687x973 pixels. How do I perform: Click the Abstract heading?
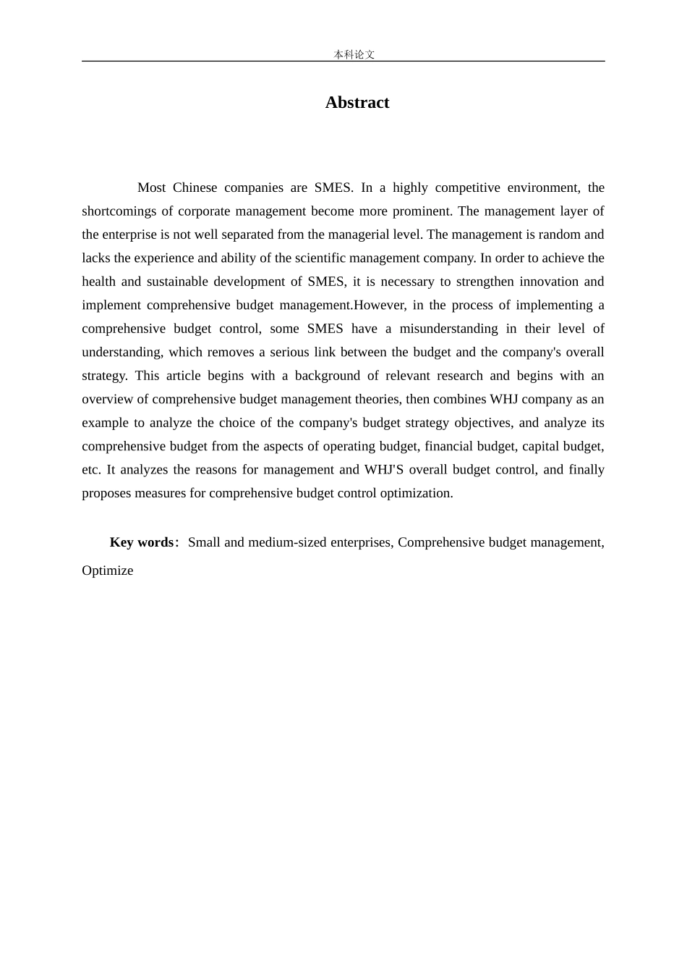[x=357, y=103]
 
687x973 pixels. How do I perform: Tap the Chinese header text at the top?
[x=354, y=54]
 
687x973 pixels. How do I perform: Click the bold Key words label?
[x=142, y=542]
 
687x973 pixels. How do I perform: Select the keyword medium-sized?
[x=287, y=542]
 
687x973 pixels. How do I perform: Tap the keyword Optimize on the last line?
[x=108, y=570]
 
